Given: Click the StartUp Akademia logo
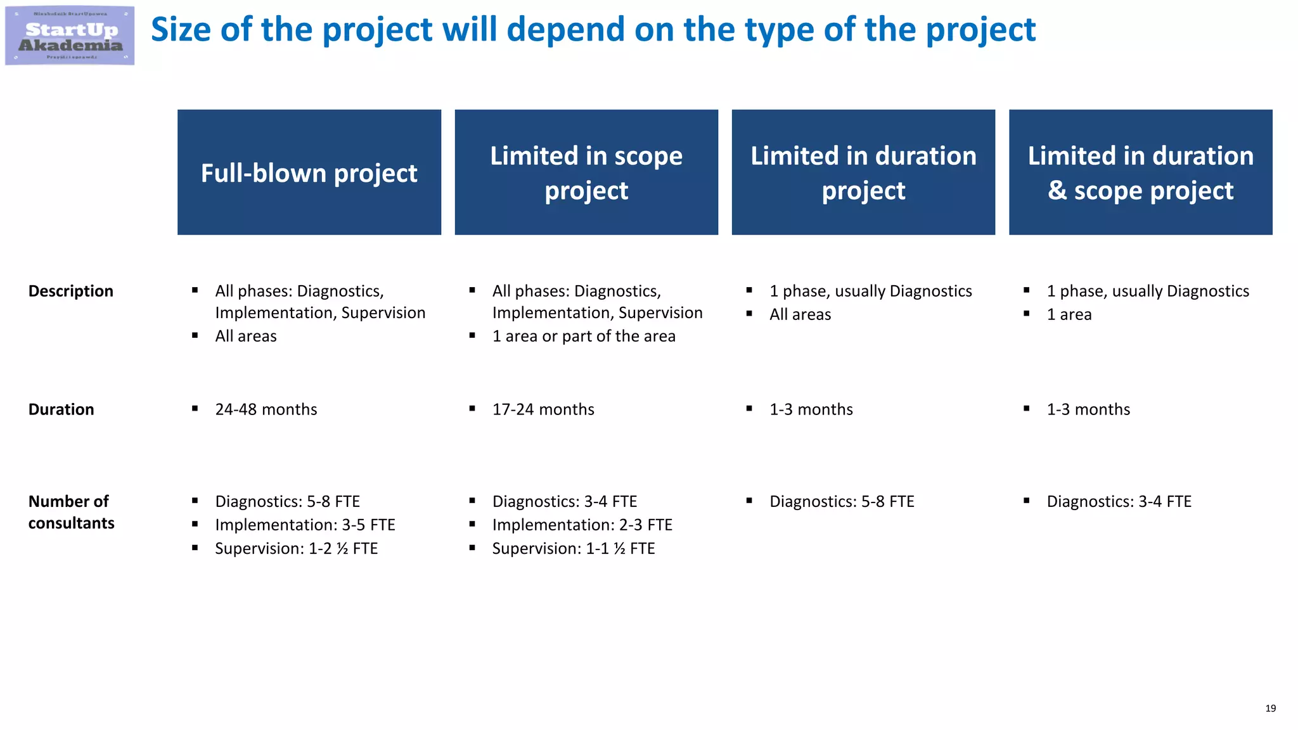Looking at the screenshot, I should coord(70,35).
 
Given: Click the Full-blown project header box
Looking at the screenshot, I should coord(309,172).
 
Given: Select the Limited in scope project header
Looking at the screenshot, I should coord(586,172).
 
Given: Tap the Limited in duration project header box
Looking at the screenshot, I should coord(863,172).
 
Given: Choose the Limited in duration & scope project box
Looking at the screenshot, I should coord(1140,172).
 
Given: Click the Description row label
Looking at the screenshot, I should coord(71,291).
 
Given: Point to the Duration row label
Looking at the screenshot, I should coord(61,409).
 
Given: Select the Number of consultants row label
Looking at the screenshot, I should coord(71,512).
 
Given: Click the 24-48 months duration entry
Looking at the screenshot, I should coord(266,409).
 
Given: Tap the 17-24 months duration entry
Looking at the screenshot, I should coord(543,409).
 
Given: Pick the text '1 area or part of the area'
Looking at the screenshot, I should coord(584,336).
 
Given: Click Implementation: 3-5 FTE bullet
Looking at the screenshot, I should coord(305,525).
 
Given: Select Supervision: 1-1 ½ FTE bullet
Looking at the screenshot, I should coord(574,548).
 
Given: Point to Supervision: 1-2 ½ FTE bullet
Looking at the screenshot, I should coord(296,548).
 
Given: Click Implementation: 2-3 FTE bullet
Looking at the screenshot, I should coord(582,525).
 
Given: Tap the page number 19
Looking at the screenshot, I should coord(1270,708).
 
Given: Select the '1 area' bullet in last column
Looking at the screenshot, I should coord(1069,314).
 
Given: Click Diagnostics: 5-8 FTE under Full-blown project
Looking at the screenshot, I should coord(287,501).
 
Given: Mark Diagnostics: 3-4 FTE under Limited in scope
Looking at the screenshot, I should coord(564,501).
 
